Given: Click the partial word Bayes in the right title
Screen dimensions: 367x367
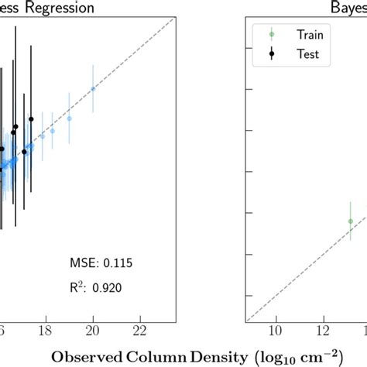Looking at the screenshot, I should tap(349, 9).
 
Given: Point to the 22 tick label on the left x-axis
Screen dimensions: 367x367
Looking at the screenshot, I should tap(141, 331).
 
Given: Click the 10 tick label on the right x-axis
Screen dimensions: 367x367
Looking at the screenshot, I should tap(276, 331).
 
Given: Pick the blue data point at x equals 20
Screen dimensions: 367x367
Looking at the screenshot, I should tap(93, 88).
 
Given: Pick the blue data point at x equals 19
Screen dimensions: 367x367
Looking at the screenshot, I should tap(69, 118).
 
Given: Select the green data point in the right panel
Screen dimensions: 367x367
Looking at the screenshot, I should tap(350, 221).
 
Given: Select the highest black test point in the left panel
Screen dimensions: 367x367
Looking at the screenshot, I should tap(31, 118).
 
